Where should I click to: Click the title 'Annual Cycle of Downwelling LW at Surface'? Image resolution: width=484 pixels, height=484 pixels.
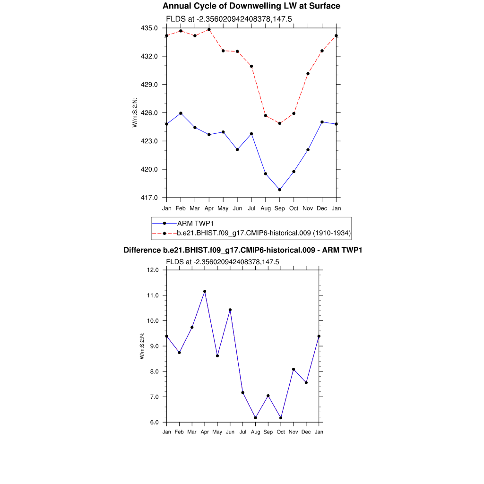(251, 6)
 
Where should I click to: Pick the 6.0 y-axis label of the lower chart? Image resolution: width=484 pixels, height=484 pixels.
(155, 422)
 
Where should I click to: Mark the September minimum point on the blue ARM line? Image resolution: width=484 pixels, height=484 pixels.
(280, 190)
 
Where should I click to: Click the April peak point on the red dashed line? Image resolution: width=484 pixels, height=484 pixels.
(209, 29)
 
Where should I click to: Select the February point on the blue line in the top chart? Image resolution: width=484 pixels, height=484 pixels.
(181, 113)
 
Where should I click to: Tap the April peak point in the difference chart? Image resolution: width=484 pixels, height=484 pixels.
(205, 292)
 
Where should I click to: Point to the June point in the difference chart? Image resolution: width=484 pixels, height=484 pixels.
(230, 310)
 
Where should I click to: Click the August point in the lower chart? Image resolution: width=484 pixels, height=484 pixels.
(256, 418)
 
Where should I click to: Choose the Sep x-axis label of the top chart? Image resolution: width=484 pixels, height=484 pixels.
(280, 208)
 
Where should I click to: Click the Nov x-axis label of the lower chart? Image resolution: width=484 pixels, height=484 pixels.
(294, 432)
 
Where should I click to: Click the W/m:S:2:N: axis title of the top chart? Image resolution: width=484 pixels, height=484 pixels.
(135, 112)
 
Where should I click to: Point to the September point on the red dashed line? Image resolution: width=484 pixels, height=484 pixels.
(280, 123)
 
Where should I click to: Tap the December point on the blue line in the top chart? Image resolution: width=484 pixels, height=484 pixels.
(322, 122)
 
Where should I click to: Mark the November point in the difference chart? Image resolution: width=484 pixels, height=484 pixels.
(294, 369)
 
